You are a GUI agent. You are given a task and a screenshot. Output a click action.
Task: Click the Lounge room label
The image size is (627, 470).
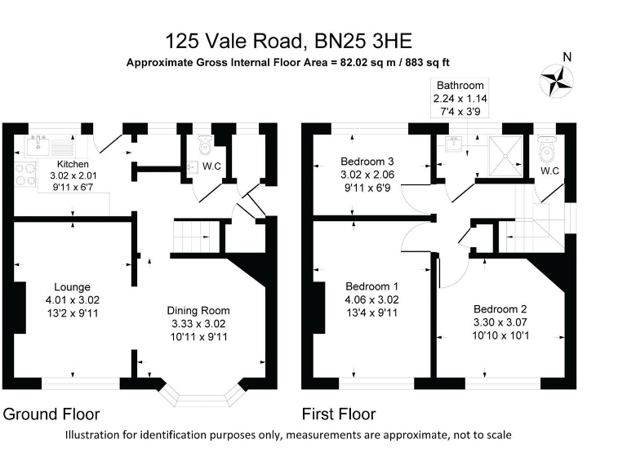coord(72,287)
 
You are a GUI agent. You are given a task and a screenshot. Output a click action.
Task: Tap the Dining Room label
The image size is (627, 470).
coord(198,310)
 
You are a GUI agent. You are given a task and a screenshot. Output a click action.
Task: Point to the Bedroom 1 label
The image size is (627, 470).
coord(372,286)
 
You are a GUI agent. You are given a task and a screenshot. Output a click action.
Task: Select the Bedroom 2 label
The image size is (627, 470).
coord(500,309)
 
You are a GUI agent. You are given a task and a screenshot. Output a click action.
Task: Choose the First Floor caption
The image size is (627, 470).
coord(339,414)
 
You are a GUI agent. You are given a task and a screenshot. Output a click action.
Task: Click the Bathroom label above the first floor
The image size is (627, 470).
coord(460,85)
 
